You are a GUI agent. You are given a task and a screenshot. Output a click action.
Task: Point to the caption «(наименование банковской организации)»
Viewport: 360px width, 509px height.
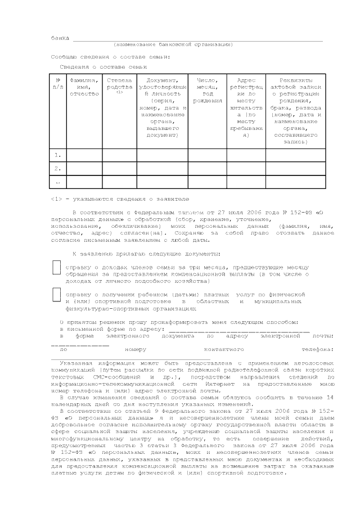coord(173,44)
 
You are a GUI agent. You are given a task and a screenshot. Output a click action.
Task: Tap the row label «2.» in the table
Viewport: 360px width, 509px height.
coord(57,168)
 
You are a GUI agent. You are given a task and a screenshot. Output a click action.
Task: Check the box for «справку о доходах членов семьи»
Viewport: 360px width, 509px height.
coord(56,267)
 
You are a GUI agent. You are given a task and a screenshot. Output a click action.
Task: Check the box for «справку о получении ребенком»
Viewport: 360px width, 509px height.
coord(56,295)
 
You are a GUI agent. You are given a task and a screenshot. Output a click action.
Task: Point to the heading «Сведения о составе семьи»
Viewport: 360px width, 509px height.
coord(99,66)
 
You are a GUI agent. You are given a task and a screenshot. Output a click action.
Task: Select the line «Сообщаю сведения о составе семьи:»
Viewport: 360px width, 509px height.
coord(110,57)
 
